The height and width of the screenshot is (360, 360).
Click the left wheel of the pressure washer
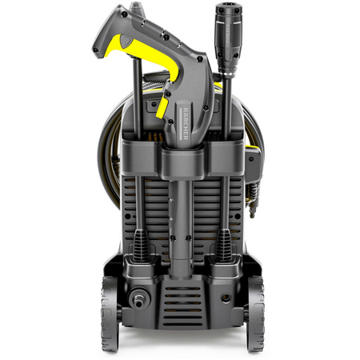tap(110, 314)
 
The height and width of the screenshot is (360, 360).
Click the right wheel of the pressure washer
tap(255, 314)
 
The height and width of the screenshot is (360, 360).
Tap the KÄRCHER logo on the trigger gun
tap(186, 123)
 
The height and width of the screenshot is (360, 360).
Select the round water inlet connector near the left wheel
tap(138, 298)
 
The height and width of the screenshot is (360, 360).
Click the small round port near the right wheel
tap(226, 298)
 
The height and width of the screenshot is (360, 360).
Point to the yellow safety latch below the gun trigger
tap(162, 107)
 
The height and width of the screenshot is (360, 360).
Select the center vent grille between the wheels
tap(182, 306)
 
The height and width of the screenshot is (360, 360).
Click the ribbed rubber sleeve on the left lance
tap(141, 246)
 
